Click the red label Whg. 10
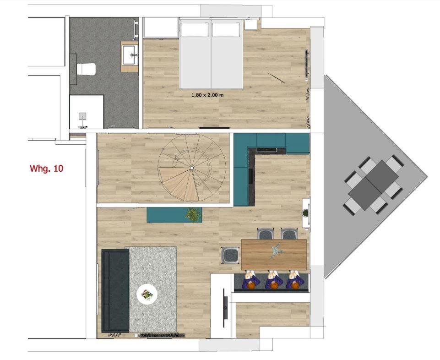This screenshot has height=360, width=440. [46, 169]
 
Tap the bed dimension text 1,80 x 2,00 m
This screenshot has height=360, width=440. [207, 95]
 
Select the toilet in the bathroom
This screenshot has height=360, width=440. [86, 69]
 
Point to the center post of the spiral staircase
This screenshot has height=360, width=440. [192, 168]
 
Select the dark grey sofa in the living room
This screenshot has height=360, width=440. [115, 291]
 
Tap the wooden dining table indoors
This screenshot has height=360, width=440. [274, 254]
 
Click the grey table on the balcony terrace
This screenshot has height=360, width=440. [373, 185]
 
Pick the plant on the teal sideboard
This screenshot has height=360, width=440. [194, 215]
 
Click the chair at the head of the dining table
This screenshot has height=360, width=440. [230, 255]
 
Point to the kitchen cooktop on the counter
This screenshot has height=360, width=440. [267, 150]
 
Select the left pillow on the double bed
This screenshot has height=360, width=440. [195, 30]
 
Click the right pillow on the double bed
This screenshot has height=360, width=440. [226, 30]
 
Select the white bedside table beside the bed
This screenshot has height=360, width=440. [251, 24]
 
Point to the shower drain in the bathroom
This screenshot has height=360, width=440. [82, 116]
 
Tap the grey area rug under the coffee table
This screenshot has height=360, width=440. [151, 289]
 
